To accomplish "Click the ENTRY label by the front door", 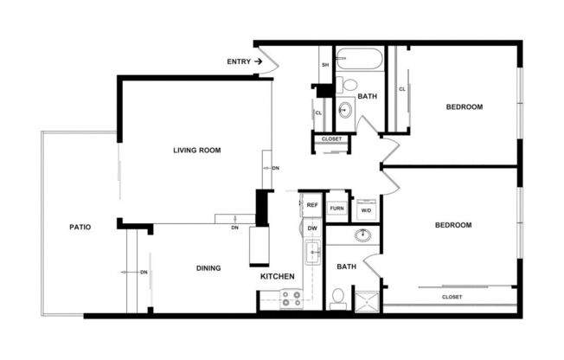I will [x=238, y=61].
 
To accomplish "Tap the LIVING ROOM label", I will [x=196, y=150].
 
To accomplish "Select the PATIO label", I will [x=80, y=227].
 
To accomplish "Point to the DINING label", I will [x=208, y=267].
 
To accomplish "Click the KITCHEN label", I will [x=278, y=276].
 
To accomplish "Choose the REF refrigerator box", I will [x=312, y=206].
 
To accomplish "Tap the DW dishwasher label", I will [x=312, y=228].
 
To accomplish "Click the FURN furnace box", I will [x=336, y=209].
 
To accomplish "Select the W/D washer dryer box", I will [x=365, y=209].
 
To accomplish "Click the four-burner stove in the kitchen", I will [x=292, y=299].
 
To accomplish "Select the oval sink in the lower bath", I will [x=363, y=235].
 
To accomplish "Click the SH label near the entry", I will [x=325, y=65].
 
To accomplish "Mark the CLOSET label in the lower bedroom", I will [x=452, y=296].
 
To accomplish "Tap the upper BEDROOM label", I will [x=464, y=106].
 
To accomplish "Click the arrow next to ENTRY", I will [x=258, y=61].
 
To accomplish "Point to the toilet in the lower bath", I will [x=337, y=299].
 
